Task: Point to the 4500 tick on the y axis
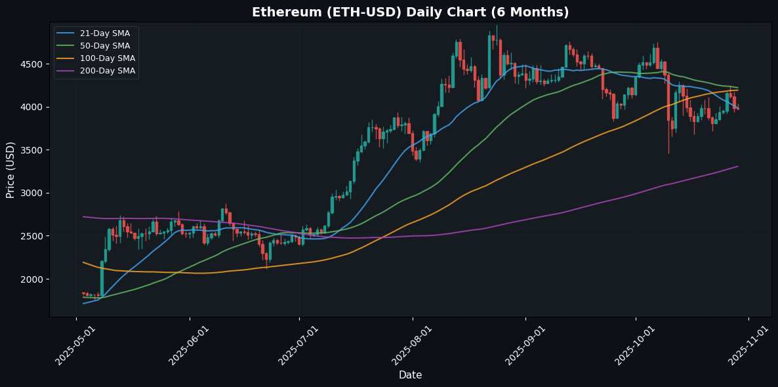[33, 64]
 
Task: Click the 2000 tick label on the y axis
[33, 279]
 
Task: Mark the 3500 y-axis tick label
[33, 150]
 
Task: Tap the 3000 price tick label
[33, 193]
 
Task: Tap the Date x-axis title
[410, 375]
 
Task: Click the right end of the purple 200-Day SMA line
[738, 167]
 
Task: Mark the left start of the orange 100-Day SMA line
[83, 262]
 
